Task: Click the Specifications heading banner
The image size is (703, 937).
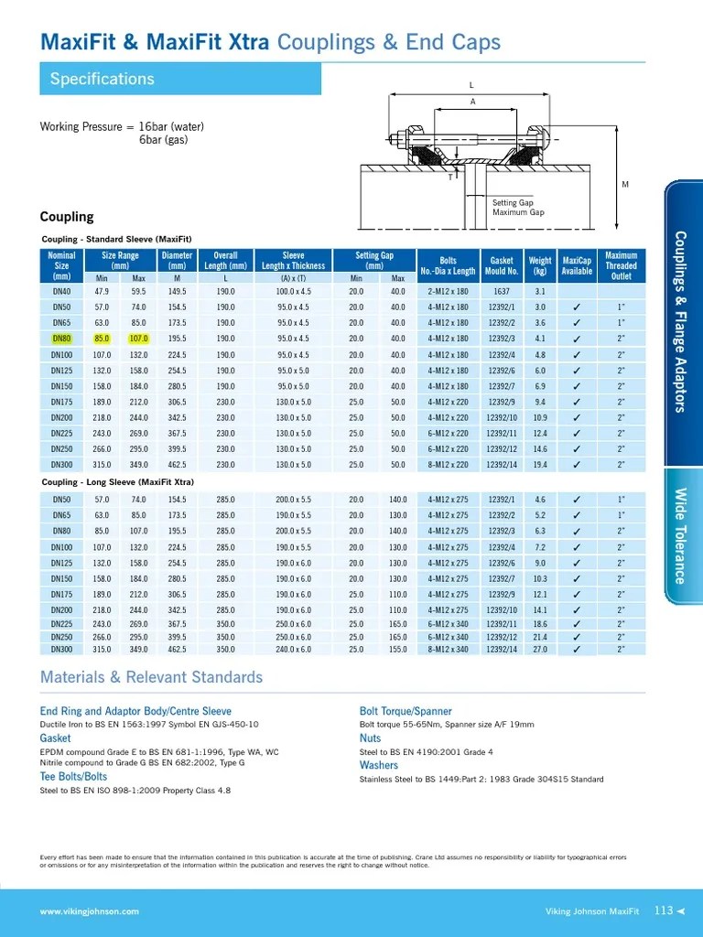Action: coord(179,80)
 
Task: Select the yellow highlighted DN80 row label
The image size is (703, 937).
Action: coord(61,339)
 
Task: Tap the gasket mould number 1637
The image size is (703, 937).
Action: coord(501,291)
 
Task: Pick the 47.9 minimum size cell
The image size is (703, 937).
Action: coord(102,291)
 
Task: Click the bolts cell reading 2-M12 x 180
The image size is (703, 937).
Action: coord(448,291)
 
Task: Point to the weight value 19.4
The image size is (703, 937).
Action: coord(540,465)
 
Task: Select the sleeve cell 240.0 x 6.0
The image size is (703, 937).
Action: coord(293,650)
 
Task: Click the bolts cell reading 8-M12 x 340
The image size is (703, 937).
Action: coord(448,650)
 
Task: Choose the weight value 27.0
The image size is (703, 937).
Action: coord(540,650)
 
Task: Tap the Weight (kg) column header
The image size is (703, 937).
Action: coord(540,265)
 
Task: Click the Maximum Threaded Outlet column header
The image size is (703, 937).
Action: coord(621,265)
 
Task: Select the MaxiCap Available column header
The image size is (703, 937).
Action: coord(577,265)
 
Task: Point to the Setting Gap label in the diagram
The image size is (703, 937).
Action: coord(513,202)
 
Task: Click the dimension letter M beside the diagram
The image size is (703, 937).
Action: coord(625,185)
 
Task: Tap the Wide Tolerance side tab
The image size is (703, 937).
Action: coord(680,535)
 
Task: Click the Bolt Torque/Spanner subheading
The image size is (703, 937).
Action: coord(406,711)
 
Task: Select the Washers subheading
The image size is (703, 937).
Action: coord(379,765)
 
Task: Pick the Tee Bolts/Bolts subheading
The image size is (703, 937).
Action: coord(73,777)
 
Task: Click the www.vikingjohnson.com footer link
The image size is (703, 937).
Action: coord(90,911)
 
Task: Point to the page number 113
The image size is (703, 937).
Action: coord(664,910)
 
